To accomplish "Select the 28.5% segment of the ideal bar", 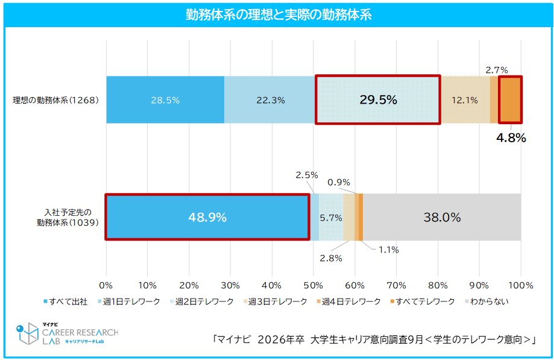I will pyautogui.click(x=165, y=100).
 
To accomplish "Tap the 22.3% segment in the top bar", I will pyautogui.click(x=269, y=100).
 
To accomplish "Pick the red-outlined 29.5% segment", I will pyautogui.click(x=378, y=100).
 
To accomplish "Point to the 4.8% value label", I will pyautogui.click(x=511, y=138).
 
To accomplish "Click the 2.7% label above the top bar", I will pyautogui.click(x=497, y=70).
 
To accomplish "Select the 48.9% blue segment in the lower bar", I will pyautogui.click(x=207, y=217).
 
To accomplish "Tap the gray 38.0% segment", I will pyautogui.click(x=442, y=217).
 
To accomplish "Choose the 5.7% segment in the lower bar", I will pyautogui.click(x=331, y=218).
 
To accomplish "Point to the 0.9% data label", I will pyautogui.click(x=338, y=182).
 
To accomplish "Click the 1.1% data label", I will pyautogui.click(x=389, y=250).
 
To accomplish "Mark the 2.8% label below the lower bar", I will pyautogui.click(x=331, y=258).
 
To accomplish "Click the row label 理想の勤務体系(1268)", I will pyautogui.click(x=55, y=100).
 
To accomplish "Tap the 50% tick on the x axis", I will pyautogui.click(x=313, y=285).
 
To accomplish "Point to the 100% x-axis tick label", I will pyautogui.click(x=521, y=285).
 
